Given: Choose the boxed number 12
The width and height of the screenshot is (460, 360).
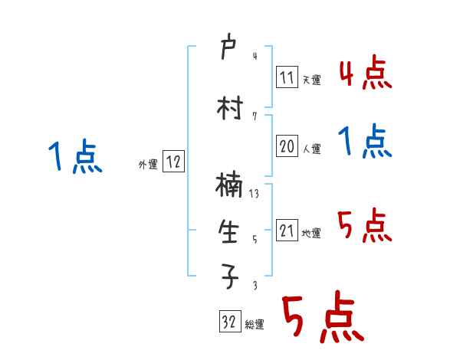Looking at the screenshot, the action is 173,162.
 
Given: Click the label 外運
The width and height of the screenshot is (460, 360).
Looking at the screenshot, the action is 147,164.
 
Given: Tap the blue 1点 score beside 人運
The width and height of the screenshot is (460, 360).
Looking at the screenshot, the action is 366,142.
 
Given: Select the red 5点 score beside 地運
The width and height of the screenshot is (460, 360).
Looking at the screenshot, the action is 366,225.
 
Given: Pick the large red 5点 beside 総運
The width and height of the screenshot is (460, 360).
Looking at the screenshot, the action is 322,318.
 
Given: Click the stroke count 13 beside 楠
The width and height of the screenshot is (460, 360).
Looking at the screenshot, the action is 254,195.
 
